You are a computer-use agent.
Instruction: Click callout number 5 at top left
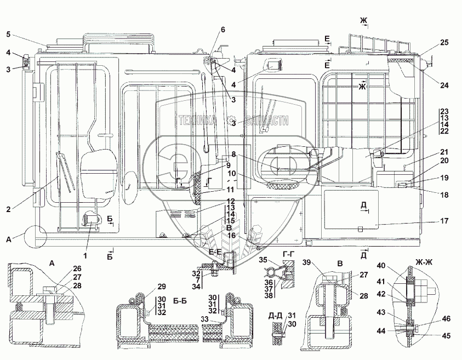pyautogui.click(x=8, y=34)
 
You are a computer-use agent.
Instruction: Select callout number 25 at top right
pyautogui.click(x=444, y=43)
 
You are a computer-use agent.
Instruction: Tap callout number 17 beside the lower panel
pyautogui.click(x=444, y=221)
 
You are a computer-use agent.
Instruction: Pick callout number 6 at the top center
pyautogui.click(x=223, y=30)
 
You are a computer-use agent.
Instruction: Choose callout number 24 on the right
pyautogui.click(x=444, y=85)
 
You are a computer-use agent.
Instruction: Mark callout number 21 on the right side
pyautogui.click(x=444, y=152)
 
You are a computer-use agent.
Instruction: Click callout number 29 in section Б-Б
pyautogui.click(x=161, y=286)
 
